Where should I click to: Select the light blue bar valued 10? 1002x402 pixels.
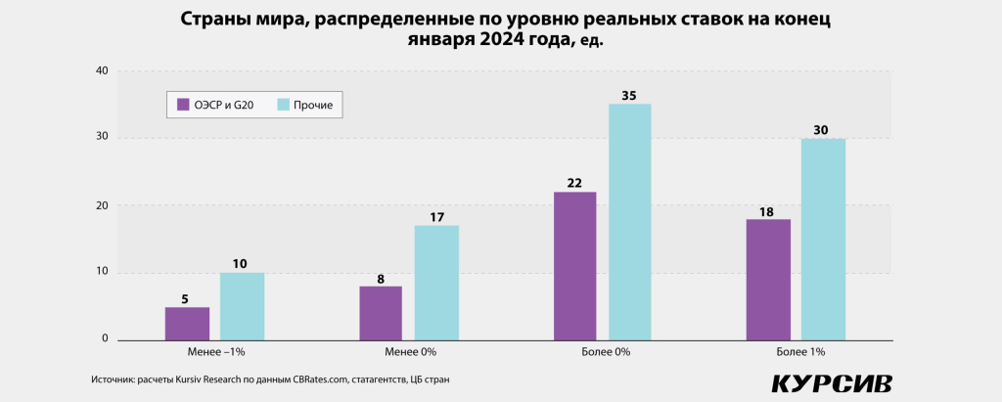click(242, 306)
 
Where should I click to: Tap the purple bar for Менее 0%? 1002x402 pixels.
click(381, 313)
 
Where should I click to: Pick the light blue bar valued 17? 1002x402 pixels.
click(435, 283)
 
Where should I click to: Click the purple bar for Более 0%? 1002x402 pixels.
click(574, 266)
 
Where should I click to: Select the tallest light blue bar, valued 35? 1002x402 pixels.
click(629, 222)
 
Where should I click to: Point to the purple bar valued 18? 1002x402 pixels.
click(768, 280)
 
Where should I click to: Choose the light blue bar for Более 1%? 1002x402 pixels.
click(823, 240)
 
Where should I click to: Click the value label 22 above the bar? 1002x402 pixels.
click(574, 183)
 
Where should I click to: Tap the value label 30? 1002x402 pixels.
click(823, 130)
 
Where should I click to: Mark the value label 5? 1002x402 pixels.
click(186, 298)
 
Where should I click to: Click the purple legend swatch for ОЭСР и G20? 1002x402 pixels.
click(181, 104)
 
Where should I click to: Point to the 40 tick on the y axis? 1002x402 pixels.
click(102, 70)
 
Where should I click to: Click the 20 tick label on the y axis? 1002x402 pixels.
click(102, 205)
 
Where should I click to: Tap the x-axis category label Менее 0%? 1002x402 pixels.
click(408, 350)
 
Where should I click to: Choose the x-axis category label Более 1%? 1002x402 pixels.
click(796, 350)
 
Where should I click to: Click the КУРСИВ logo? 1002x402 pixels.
click(831, 382)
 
